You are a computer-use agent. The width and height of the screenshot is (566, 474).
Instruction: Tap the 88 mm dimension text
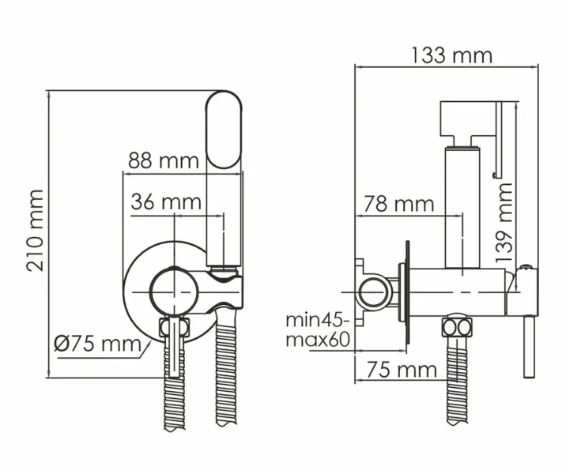click(x=164, y=160)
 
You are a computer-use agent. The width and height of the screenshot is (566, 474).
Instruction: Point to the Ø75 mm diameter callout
click(x=97, y=344)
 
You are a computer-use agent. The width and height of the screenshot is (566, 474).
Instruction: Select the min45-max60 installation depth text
click(x=319, y=330)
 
